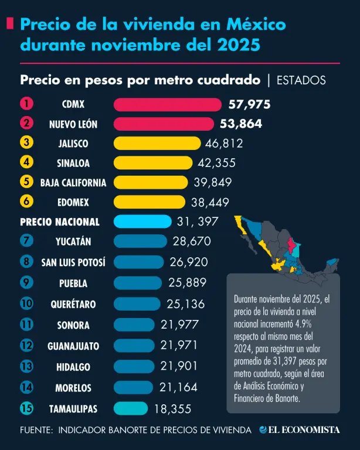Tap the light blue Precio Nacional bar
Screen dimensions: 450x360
tap(142, 221)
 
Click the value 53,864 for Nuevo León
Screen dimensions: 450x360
tap(241, 124)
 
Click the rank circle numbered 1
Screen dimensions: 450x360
tap(26, 104)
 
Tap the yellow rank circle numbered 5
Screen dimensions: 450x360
tap(26, 181)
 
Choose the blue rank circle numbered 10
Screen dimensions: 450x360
tap(26, 304)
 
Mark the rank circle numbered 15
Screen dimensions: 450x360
tap(26, 408)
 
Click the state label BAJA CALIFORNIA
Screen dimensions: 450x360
tap(73, 183)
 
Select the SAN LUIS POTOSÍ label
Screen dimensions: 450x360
tap(73, 262)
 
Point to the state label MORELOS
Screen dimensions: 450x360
tap(73, 388)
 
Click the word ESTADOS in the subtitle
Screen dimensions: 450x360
tap(301, 80)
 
